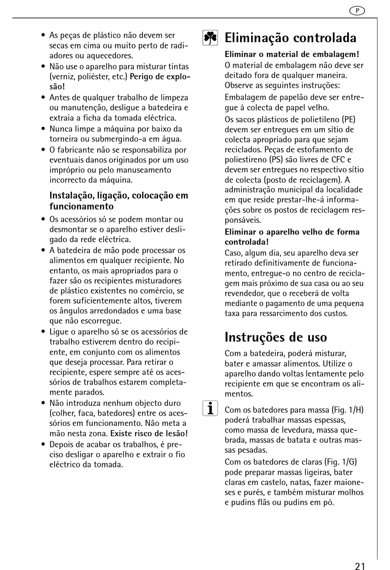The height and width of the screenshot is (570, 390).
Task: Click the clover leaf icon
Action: click(x=210, y=38)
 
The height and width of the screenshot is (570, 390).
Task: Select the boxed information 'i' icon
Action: click(x=210, y=409)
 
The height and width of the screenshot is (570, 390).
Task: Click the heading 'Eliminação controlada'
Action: click(x=290, y=38)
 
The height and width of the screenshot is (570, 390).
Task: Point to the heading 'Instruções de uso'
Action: click(x=276, y=337)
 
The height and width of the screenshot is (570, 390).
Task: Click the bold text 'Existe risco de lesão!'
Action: click(x=149, y=433)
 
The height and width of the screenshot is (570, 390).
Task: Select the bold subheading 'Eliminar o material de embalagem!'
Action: click(x=292, y=54)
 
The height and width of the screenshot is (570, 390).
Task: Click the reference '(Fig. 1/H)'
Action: click(x=347, y=410)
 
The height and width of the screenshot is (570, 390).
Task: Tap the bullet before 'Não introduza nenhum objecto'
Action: click(x=43, y=403)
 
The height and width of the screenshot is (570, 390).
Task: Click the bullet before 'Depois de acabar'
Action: click(x=43, y=444)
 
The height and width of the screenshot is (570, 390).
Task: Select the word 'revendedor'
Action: click(x=245, y=293)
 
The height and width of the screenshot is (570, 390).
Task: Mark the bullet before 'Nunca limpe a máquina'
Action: click(x=43, y=129)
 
